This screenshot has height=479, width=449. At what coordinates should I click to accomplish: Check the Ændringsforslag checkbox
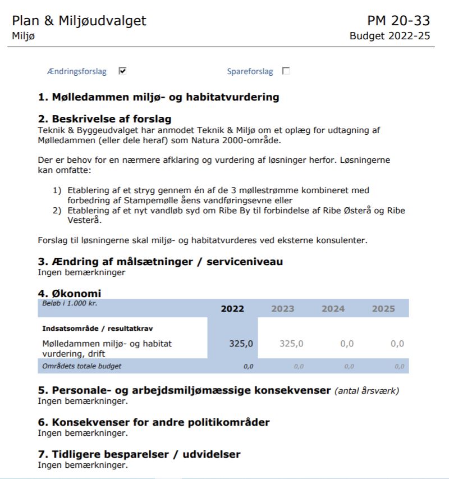coord(122,71)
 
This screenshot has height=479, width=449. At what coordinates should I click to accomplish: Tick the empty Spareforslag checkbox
coord(286,71)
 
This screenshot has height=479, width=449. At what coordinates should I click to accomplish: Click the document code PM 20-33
coord(398,21)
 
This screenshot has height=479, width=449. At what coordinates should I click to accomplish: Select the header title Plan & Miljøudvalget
coord(79,21)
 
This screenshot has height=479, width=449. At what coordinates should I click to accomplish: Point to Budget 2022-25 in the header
coord(390,37)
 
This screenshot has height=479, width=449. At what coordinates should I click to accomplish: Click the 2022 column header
coord(232,309)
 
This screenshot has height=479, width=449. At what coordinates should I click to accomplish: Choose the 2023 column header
coord(283,309)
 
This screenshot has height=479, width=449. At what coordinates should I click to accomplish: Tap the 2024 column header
coord(333,309)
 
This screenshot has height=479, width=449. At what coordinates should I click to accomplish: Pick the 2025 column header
coord(384,309)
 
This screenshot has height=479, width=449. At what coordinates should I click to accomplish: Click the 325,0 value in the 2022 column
coord(241,344)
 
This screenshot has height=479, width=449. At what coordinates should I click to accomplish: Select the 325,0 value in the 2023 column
coord(291,344)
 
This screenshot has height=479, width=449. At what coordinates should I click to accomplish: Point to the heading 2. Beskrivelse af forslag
coord(104,118)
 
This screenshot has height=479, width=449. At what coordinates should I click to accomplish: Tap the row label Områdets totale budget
coord(82,366)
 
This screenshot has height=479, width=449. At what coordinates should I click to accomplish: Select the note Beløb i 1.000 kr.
coord(66,302)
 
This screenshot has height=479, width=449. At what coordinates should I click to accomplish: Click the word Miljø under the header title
coord(22,37)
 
